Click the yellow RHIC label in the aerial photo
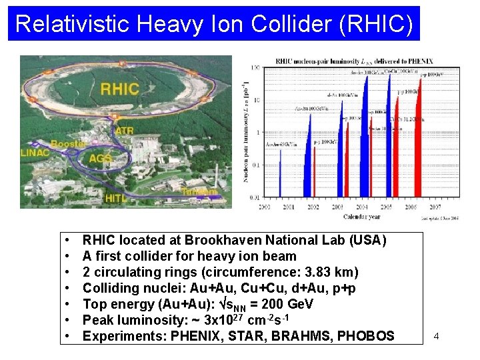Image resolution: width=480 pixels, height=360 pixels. [x=119, y=89]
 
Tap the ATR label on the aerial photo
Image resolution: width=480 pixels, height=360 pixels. [x=124, y=131]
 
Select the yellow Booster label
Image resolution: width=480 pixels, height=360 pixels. [x=67, y=143]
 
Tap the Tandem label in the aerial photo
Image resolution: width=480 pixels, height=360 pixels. [x=199, y=192]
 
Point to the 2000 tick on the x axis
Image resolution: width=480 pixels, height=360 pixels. [x=265, y=208]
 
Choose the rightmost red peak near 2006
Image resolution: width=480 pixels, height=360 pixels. [x=419, y=133]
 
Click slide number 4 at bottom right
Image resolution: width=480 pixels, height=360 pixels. [x=436, y=336]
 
